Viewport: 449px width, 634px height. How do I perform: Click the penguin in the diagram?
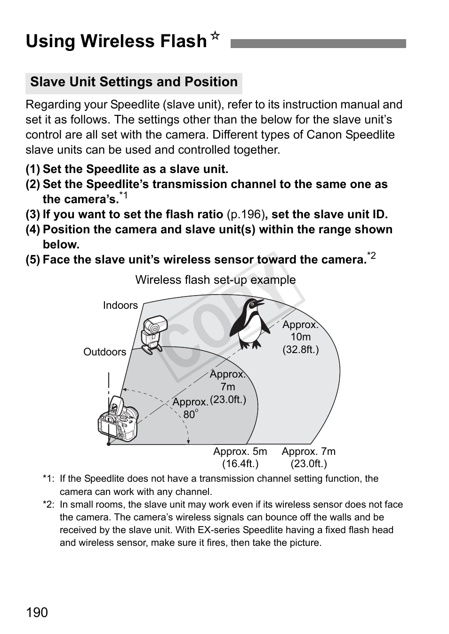[x=252, y=323]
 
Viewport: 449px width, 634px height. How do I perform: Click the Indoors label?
[x=120, y=305]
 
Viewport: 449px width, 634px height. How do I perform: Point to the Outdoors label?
[x=104, y=352]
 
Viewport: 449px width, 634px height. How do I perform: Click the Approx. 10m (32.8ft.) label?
[x=300, y=337]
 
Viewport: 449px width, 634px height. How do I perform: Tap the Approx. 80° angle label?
[x=190, y=408]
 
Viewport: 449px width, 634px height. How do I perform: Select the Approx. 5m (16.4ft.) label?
[x=240, y=457]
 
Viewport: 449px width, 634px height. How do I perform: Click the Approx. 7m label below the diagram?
[x=308, y=457]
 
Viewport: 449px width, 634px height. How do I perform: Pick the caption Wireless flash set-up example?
[x=216, y=280]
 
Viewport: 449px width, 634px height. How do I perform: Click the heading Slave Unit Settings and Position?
[x=134, y=82]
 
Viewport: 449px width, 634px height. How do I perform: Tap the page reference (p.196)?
[x=244, y=214]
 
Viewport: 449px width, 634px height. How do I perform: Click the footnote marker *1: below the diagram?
[x=48, y=479]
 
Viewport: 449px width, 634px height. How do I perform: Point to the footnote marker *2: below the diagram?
[x=48, y=505]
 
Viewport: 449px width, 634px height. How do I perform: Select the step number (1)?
[x=32, y=169]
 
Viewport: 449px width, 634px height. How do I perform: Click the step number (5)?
[x=32, y=260]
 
